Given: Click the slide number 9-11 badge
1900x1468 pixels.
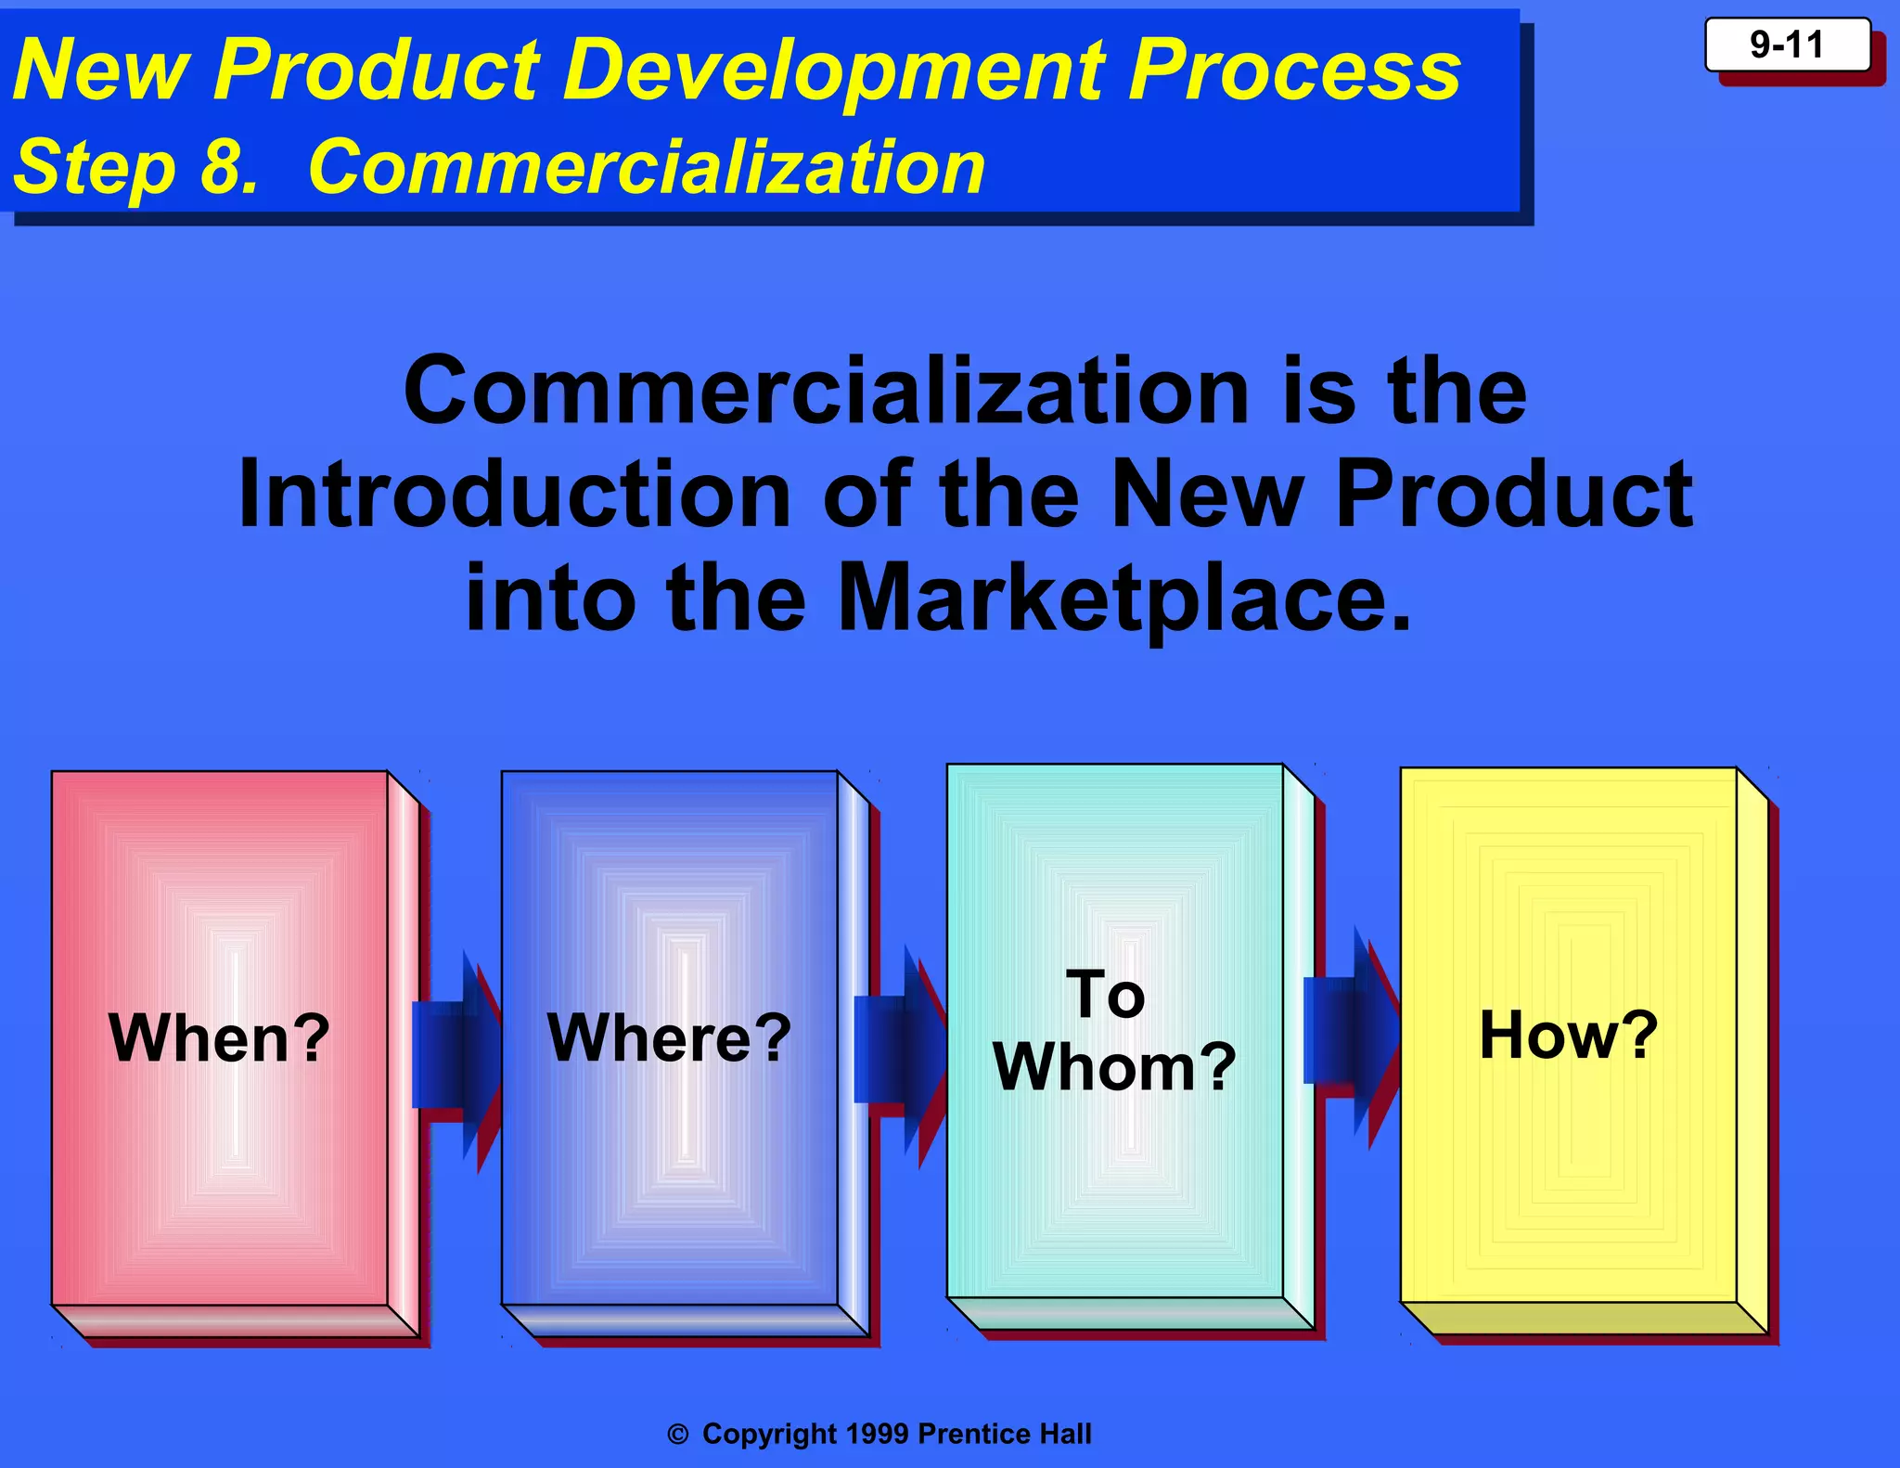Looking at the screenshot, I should [1787, 45].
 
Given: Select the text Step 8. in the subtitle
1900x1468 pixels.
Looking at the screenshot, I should [135, 167].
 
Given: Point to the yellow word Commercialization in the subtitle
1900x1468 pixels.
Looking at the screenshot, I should [646, 167].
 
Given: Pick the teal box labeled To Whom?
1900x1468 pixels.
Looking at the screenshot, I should [1114, 1030].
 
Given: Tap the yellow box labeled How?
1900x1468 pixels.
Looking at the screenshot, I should [1568, 1035].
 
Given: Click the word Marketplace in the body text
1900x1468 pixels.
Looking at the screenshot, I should [1123, 598].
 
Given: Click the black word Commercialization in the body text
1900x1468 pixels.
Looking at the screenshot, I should [827, 392].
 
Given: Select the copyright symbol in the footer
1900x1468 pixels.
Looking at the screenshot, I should [678, 1435].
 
